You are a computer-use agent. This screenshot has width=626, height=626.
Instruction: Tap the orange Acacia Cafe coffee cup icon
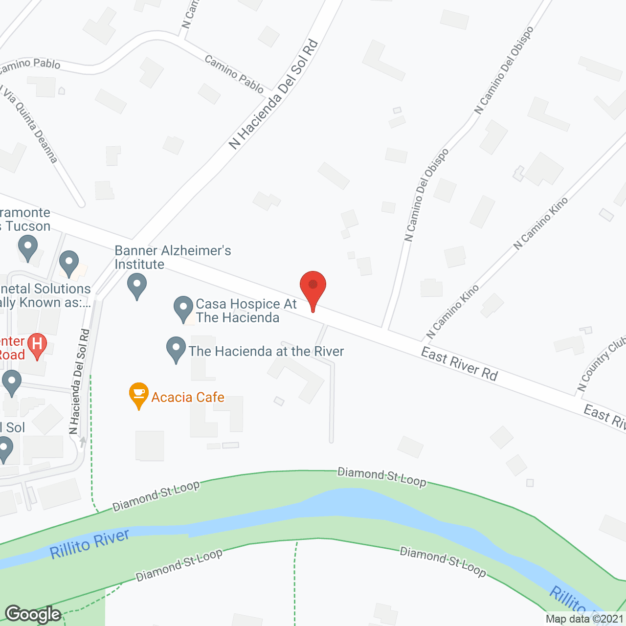[139, 394]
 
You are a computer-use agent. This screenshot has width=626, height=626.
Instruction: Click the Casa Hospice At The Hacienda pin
[183, 309]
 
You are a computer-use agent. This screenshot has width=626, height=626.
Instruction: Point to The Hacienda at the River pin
[176, 349]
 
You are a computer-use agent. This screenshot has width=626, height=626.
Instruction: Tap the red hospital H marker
[37, 345]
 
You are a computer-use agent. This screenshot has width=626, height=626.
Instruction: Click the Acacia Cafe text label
[188, 397]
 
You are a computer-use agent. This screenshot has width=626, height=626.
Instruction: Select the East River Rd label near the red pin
[459, 364]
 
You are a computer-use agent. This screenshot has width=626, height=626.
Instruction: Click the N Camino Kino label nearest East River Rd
[452, 313]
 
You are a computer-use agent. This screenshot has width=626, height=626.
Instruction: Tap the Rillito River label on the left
[89, 544]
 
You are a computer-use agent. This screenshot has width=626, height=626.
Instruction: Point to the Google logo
[33, 614]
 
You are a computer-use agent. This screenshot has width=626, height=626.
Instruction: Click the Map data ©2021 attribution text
[585, 619]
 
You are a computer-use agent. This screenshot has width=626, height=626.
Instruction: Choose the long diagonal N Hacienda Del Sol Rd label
[274, 94]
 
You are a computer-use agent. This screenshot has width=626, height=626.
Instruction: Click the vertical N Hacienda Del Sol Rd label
[80, 381]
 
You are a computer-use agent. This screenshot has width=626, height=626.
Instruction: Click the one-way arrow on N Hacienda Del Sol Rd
[83, 442]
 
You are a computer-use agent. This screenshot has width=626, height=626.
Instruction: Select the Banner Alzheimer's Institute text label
[173, 257]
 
